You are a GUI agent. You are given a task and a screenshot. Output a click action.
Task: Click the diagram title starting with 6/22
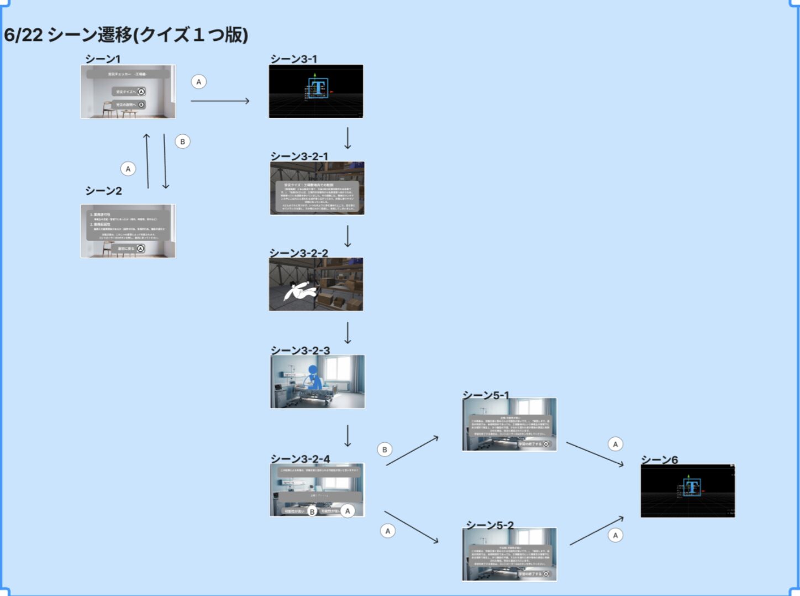pyautogui.click(x=126, y=35)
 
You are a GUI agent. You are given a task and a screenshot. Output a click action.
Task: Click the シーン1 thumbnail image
pyautogui.click(x=128, y=92)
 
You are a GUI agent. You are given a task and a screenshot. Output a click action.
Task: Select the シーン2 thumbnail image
pyautogui.click(x=128, y=231)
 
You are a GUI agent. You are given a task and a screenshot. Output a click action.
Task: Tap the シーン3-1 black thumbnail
pyautogui.click(x=316, y=91)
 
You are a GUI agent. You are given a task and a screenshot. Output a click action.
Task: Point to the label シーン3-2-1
pyautogui.click(x=299, y=156)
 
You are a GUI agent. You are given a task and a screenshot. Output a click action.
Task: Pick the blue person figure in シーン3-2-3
pyautogui.click(x=313, y=377)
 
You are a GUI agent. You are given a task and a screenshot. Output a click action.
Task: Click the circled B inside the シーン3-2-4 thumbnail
pyautogui.click(x=312, y=512)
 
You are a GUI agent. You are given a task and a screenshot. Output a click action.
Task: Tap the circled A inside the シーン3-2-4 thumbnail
pyautogui.click(x=348, y=511)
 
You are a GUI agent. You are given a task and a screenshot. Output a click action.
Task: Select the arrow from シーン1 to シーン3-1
pyautogui.click(x=220, y=101)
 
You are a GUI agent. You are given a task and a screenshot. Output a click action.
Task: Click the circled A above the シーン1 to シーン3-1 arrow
pyautogui.click(x=199, y=82)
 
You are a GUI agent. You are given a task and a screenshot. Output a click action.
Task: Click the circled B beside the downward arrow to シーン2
pyautogui.click(x=183, y=142)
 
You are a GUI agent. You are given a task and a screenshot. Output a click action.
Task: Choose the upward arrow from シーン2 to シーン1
pyautogui.click(x=147, y=161)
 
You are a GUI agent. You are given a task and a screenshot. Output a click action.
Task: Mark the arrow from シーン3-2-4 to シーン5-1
pyautogui.click(x=412, y=451)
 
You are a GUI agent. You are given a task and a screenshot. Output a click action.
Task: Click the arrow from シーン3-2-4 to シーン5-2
pyautogui.click(x=411, y=527)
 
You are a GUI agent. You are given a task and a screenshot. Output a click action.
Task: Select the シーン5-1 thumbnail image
pyautogui.click(x=509, y=425)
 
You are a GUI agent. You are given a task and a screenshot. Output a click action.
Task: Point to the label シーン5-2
pyautogui.click(x=490, y=525)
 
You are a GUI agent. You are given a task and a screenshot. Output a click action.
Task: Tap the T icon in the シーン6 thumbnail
pyautogui.click(x=691, y=488)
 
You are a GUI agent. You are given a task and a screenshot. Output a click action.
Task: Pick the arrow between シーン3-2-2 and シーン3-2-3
pyautogui.click(x=348, y=333)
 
